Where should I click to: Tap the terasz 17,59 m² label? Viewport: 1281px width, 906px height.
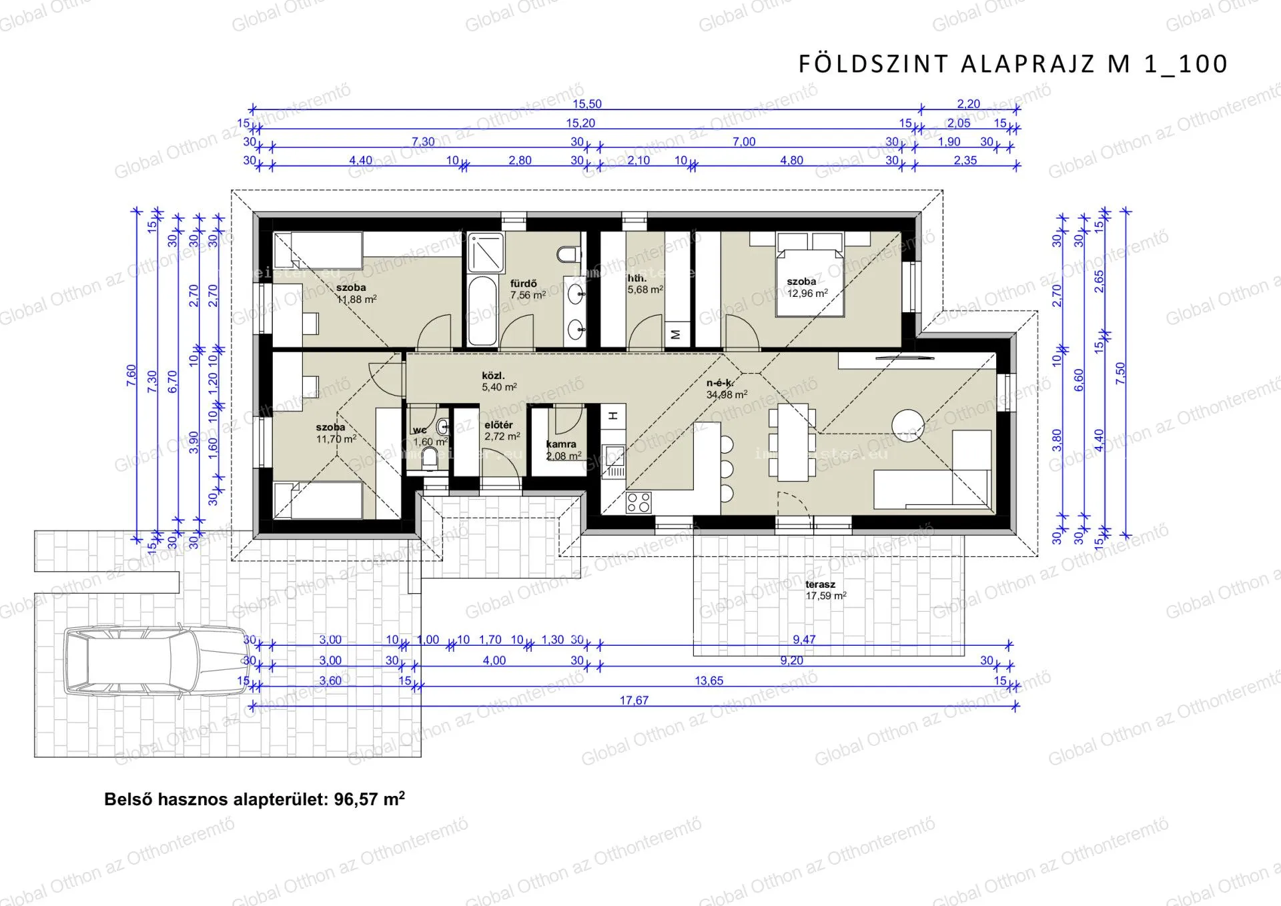[x=825, y=590]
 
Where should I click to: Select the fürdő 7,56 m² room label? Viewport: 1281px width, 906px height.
[x=527, y=290]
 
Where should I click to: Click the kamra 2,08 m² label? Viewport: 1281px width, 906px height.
[x=562, y=450]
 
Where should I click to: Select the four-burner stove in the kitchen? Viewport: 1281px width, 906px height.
[x=638, y=502]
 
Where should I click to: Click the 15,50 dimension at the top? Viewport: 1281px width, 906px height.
[x=587, y=104]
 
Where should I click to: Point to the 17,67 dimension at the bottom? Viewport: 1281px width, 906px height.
[x=633, y=701]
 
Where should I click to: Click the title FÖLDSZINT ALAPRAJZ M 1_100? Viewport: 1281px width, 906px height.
[x=1012, y=64]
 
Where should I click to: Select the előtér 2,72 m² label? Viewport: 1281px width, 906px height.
[x=500, y=431]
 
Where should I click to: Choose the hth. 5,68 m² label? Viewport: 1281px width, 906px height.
[x=644, y=284]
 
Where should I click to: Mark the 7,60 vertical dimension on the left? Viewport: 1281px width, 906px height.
[x=131, y=375]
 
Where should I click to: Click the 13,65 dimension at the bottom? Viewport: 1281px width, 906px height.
[x=709, y=681]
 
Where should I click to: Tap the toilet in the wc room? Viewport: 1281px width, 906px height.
[x=430, y=458]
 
